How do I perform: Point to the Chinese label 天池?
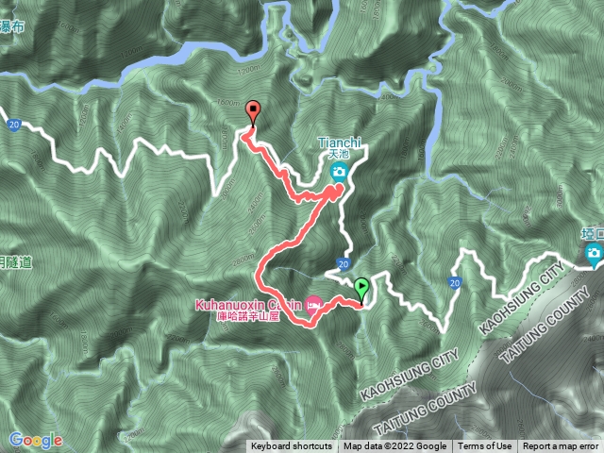click(338, 155)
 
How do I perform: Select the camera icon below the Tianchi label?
click(338, 172)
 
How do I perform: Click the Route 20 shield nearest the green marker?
click(344, 264)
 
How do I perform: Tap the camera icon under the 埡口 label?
click(593, 252)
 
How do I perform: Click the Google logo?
click(36, 440)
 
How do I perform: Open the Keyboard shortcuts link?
click(292, 446)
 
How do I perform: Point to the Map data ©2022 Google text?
click(394, 446)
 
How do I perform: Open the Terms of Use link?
click(485, 446)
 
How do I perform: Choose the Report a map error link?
click(563, 446)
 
